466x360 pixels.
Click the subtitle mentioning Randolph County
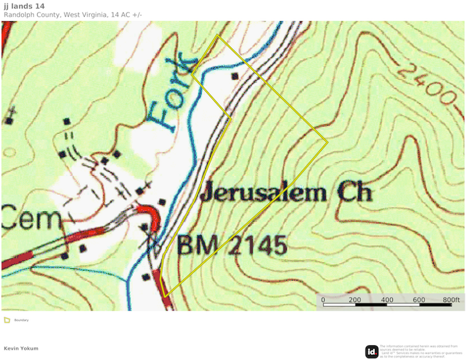click(x=73, y=15)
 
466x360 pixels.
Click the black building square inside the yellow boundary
click(x=234, y=76)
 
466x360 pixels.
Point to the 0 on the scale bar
click(x=323, y=299)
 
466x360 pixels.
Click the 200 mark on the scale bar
click(x=355, y=299)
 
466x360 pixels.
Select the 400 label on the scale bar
click(x=387, y=299)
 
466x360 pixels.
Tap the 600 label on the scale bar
click(x=419, y=299)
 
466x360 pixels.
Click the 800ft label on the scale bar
click(x=451, y=299)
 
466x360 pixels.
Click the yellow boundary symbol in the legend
click(x=7, y=320)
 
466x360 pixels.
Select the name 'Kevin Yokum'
click(x=21, y=348)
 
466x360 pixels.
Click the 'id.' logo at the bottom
click(x=371, y=351)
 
